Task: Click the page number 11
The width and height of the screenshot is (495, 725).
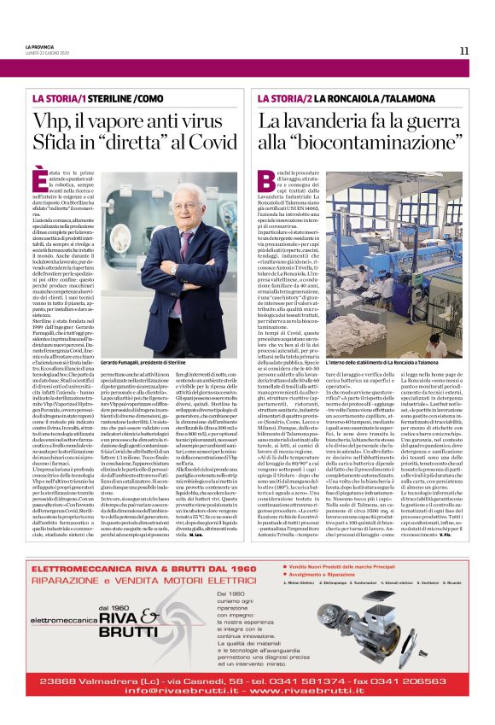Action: tap(463, 50)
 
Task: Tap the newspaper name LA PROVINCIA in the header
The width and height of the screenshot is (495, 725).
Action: tap(40, 45)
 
